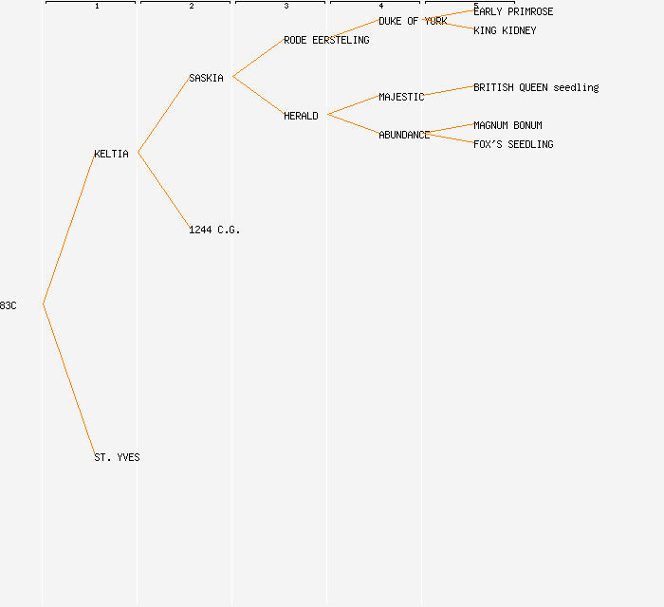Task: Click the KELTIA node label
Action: tap(111, 154)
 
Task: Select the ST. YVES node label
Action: tap(117, 457)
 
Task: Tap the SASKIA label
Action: tap(206, 78)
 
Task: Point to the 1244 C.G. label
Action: tap(214, 230)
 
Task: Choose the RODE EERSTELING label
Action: tap(326, 40)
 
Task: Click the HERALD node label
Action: tap(301, 116)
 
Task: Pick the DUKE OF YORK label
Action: tap(413, 21)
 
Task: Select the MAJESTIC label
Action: tap(401, 97)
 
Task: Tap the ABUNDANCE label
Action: tap(404, 135)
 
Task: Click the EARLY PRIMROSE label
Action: tap(513, 11)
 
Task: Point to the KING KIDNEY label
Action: tap(505, 30)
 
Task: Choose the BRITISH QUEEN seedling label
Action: tap(536, 87)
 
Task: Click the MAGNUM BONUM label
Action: tap(507, 125)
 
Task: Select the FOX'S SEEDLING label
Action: tap(513, 144)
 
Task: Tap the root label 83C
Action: tap(8, 305)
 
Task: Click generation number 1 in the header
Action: tap(97, 7)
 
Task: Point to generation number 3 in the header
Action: tap(286, 7)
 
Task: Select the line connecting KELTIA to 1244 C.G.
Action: tap(163, 190)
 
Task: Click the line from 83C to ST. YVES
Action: tap(68, 379)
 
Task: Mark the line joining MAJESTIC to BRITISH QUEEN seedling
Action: tap(449, 91)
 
